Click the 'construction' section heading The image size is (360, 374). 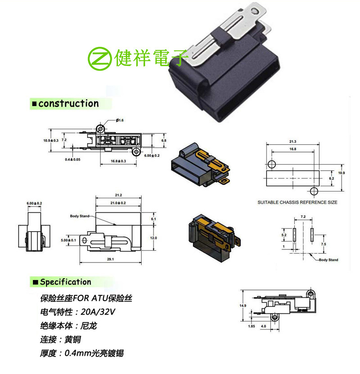point(68,104)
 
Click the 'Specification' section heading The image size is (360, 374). point(65,282)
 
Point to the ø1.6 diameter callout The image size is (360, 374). point(120,120)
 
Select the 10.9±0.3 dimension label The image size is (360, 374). point(51,141)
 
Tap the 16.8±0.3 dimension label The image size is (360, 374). point(118,160)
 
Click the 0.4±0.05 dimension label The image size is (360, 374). point(72,160)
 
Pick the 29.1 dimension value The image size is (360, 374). point(110,259)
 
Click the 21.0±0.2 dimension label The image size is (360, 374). point(118,203)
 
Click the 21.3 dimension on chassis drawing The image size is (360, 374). point(293,142)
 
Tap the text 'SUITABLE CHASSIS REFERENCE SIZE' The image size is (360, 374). point(297,202)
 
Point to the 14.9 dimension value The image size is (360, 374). point(243,306)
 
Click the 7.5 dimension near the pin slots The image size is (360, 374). point(324,244)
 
